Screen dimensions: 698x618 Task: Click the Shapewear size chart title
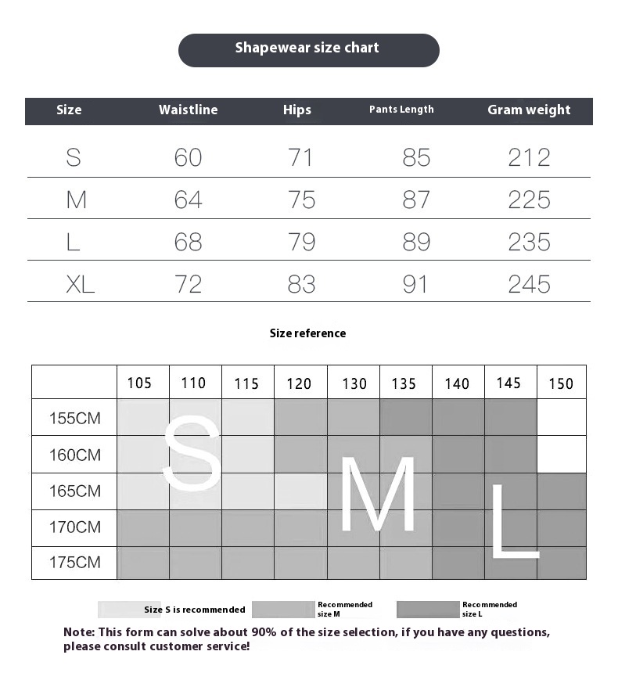[x=307, y=49]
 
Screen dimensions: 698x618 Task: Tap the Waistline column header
[x=188, y=110]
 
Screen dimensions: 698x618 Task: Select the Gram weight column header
[x=529, y=110]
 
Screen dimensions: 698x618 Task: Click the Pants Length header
[x=401, y=110]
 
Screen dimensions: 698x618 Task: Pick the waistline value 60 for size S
[x=188, y=157]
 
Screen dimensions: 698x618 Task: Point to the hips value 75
[x=301, y=200]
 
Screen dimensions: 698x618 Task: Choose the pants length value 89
[x=416, y=242]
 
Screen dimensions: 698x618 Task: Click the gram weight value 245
[x=529, y=284]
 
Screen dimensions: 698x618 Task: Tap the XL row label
[x=80, y=284]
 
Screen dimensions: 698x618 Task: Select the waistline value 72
[x=188, y=284]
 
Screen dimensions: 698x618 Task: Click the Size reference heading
[x=307, y=333]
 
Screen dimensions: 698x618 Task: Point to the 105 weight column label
[x=139, y=383]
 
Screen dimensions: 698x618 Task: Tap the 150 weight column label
[x=561, y=383]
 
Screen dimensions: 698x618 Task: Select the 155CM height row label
[x=75, y=418]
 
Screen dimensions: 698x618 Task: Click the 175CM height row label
[x=75, y=562]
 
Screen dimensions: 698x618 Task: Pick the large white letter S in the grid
[x=192, y=454]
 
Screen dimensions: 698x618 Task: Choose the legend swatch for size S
[x=120, y=610]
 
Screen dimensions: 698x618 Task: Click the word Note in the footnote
[x=78, y=632]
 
